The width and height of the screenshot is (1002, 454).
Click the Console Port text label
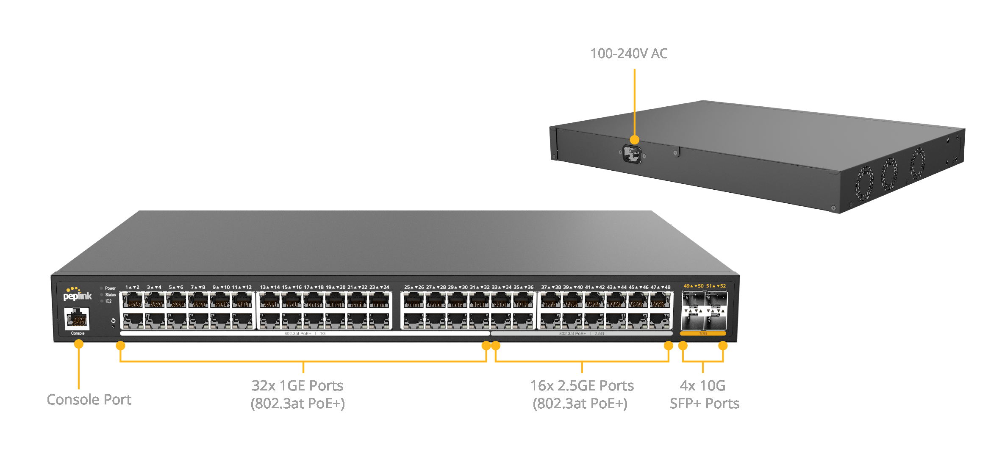tap(89, 399)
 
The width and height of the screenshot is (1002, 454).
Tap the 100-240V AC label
tap(629, 54)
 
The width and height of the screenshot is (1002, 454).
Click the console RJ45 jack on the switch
tap(77, 318)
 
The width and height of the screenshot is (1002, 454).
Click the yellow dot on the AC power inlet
tap(634, 140)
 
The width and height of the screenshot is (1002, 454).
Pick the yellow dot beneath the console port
tap(78, 344)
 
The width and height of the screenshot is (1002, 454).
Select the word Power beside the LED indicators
tap(110, 288)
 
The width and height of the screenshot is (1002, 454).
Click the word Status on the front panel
tap(111, 295)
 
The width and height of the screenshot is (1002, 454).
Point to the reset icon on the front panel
tap(113, 320)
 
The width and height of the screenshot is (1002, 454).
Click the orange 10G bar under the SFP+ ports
tap(702, 334)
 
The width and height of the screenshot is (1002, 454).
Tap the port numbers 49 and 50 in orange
tap(694, 286)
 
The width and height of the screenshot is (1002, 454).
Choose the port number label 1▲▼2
tap(132, 287)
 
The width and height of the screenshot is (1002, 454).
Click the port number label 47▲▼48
tap(661, 287)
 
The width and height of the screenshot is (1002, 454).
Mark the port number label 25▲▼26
tap(414, 287)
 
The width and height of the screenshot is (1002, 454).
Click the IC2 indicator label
tap(108, 301)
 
